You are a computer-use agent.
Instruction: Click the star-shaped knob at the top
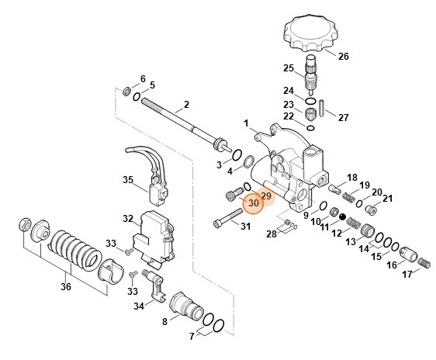(313, 33)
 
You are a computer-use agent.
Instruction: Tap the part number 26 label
(343, 56)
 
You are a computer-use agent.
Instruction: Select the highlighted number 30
(253, 203)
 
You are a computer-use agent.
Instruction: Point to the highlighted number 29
(265, 196)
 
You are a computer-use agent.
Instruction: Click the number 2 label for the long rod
(186, 104)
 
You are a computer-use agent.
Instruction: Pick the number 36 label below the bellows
(66, 286)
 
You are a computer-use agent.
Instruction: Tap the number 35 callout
(129, 179)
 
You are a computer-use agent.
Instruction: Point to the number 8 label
(164, 320)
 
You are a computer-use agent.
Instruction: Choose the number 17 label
(407, 274)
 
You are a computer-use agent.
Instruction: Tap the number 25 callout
(287, 67)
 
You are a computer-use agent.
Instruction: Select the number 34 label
(139, 306)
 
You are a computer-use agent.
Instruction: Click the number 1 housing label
(246, 123)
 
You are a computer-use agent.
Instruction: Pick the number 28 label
(272, 234)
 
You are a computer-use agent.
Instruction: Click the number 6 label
(142, 78)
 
